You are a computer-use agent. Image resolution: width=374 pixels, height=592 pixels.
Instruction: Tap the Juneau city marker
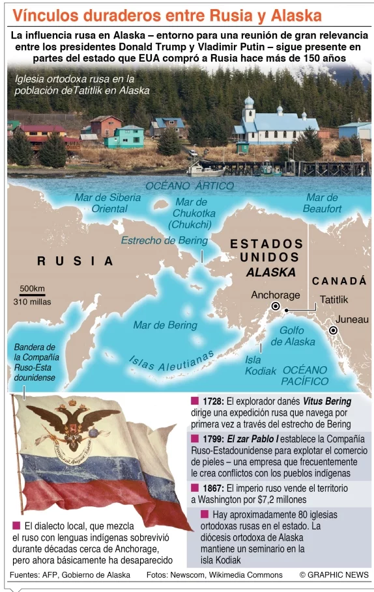click(x=334, y=330)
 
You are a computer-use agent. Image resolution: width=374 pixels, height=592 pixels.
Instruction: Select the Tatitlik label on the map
click(x=334, y=300)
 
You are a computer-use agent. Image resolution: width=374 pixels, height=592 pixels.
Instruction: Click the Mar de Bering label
click(x=165, y=325)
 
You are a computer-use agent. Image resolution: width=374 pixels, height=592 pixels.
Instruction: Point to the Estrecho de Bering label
click(x=164, y=241)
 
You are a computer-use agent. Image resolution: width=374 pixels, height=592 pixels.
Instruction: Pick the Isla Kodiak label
click(x=256, y=365)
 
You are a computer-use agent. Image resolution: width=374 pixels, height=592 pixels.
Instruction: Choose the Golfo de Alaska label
click(x=293, y=336)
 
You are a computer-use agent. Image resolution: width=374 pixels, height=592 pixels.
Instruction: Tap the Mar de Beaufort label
click(x=322, y=203)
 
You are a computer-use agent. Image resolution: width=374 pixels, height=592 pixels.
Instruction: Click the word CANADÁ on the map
click(x=339, y=280)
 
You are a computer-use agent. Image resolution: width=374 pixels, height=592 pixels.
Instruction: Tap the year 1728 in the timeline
click(x=213, y=401)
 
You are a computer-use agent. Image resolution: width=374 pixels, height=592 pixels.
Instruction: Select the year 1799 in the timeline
click(x=213, y=438)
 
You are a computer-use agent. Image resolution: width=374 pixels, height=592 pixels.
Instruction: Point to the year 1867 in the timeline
click(x=213, y=488)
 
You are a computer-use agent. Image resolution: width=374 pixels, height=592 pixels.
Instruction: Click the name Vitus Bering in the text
click(x=327, y=401)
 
